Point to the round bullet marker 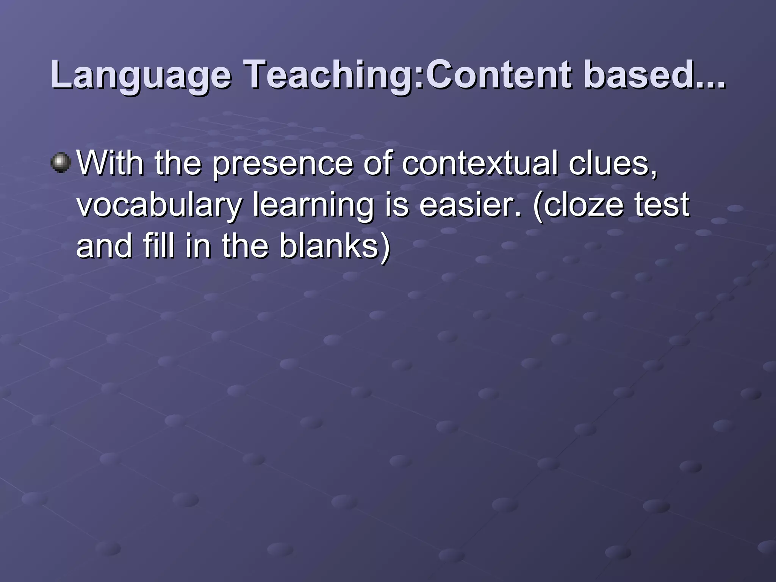tap(61, 163)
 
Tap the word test tap(662, 205)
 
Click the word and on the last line tap(105, 246)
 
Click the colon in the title tap(419, 78)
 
